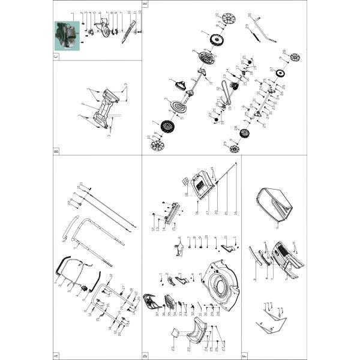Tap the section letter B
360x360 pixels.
(x=56, y=151)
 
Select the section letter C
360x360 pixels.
(x=56, y=56)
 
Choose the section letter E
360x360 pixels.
(x=145, y=5)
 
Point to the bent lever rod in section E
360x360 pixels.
(x=262, y=35)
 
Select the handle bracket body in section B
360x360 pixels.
(x=107, y=107)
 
